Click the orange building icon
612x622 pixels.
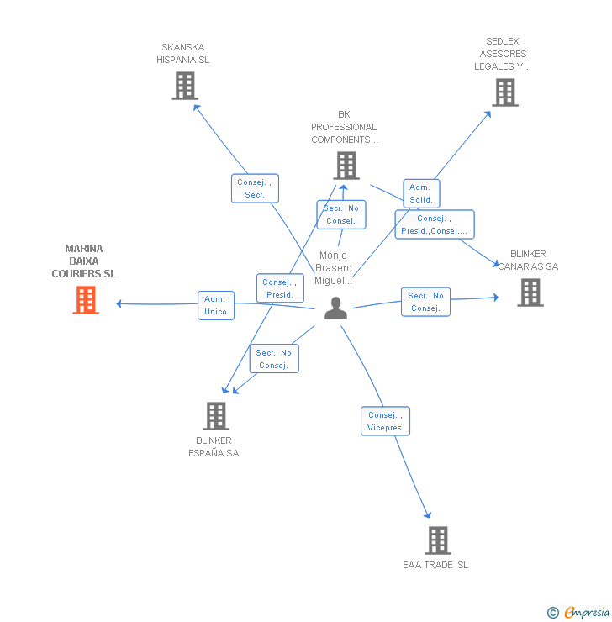(86, 300)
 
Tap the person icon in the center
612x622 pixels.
(335, 308)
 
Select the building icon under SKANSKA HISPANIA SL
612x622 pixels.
(185, 86)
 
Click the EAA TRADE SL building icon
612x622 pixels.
(438, 540)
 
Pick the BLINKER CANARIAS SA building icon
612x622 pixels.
(530, 293)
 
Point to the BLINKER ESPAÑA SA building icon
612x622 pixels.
(216, 416)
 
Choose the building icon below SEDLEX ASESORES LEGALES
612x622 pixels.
(505, 92)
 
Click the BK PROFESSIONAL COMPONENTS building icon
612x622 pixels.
(346, 166)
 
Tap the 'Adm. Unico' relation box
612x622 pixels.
(216, 305)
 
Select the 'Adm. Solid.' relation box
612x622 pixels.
(421, 193)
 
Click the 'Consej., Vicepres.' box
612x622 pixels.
(385, 421)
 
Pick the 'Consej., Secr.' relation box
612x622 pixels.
(255, 188)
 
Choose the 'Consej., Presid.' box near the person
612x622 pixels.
(280, 288)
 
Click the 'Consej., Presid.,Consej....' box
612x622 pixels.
(435, 224)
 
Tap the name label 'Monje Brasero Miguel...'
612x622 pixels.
(334, 268)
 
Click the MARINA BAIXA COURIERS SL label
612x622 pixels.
(84, 261)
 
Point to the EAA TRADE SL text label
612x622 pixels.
(435, 565)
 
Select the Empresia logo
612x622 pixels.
(587, 612)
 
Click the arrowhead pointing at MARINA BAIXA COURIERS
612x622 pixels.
(119, 304)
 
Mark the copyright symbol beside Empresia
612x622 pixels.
(553, 613)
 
